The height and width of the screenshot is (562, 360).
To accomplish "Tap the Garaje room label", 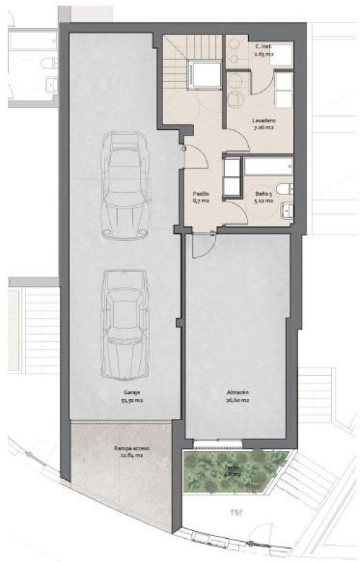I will [x=127, y=393].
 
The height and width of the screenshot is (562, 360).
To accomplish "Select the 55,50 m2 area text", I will [x=127, y=402].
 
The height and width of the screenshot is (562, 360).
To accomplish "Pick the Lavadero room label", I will [x=264, y=120].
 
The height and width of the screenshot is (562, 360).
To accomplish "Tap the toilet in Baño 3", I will [x=283, y=188].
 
